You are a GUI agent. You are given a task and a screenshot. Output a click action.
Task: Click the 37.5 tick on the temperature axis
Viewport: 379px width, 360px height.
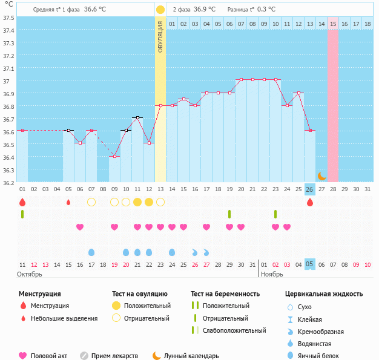coord(8,18)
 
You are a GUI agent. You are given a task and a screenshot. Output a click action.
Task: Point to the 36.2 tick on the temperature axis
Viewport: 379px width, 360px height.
coord(8,182)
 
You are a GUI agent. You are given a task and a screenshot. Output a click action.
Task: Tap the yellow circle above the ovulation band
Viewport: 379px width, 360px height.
coord(160,10)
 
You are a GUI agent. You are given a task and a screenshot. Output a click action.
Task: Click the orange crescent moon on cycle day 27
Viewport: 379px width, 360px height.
coord(321,175)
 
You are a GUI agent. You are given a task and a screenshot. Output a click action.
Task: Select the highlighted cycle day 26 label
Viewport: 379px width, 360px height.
coord(309,189)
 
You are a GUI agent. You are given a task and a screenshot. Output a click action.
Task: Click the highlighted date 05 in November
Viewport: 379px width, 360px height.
coord(309,264)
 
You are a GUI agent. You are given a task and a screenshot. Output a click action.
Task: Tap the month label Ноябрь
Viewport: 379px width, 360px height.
coord(272,274)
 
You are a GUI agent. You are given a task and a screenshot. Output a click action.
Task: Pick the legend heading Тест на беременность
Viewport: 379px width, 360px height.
coord(225,293)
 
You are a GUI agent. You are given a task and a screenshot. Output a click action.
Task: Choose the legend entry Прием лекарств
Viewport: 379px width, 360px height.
coord(114,356)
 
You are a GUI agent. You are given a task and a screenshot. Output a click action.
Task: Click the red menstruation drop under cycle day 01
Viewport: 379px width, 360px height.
coord(22,201)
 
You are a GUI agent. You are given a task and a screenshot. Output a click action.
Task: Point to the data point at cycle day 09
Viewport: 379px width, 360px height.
coord(114,156)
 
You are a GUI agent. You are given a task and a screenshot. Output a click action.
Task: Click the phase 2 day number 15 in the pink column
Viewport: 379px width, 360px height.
coord(333,24)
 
